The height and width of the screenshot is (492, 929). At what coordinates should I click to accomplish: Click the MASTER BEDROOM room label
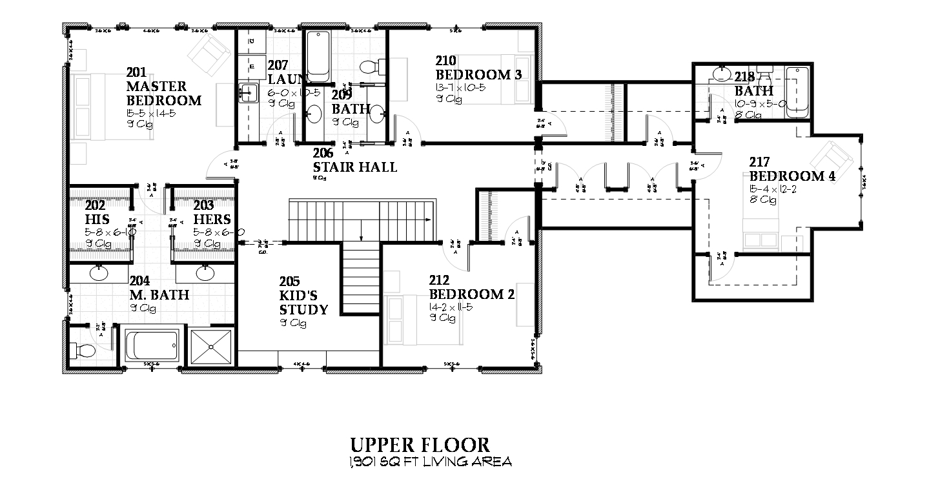point(163,94)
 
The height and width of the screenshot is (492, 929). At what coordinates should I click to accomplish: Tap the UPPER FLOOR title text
point(420,445)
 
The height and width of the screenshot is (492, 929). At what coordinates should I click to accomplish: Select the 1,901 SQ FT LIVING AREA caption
point(431,462)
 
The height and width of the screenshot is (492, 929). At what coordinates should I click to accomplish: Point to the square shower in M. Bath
point(210,347)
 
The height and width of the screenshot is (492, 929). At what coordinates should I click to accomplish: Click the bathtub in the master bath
point(152,347)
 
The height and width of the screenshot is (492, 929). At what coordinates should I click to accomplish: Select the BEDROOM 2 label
point(472,294)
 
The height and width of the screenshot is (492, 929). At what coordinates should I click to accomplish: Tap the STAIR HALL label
point(354,167)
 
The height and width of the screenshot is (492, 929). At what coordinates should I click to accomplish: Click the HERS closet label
point(212,220)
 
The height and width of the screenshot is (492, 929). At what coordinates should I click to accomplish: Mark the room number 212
point(439,280)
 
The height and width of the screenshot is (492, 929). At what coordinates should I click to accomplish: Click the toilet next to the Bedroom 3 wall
point(369,67)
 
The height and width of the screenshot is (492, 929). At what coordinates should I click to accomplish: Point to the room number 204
point(140,281)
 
